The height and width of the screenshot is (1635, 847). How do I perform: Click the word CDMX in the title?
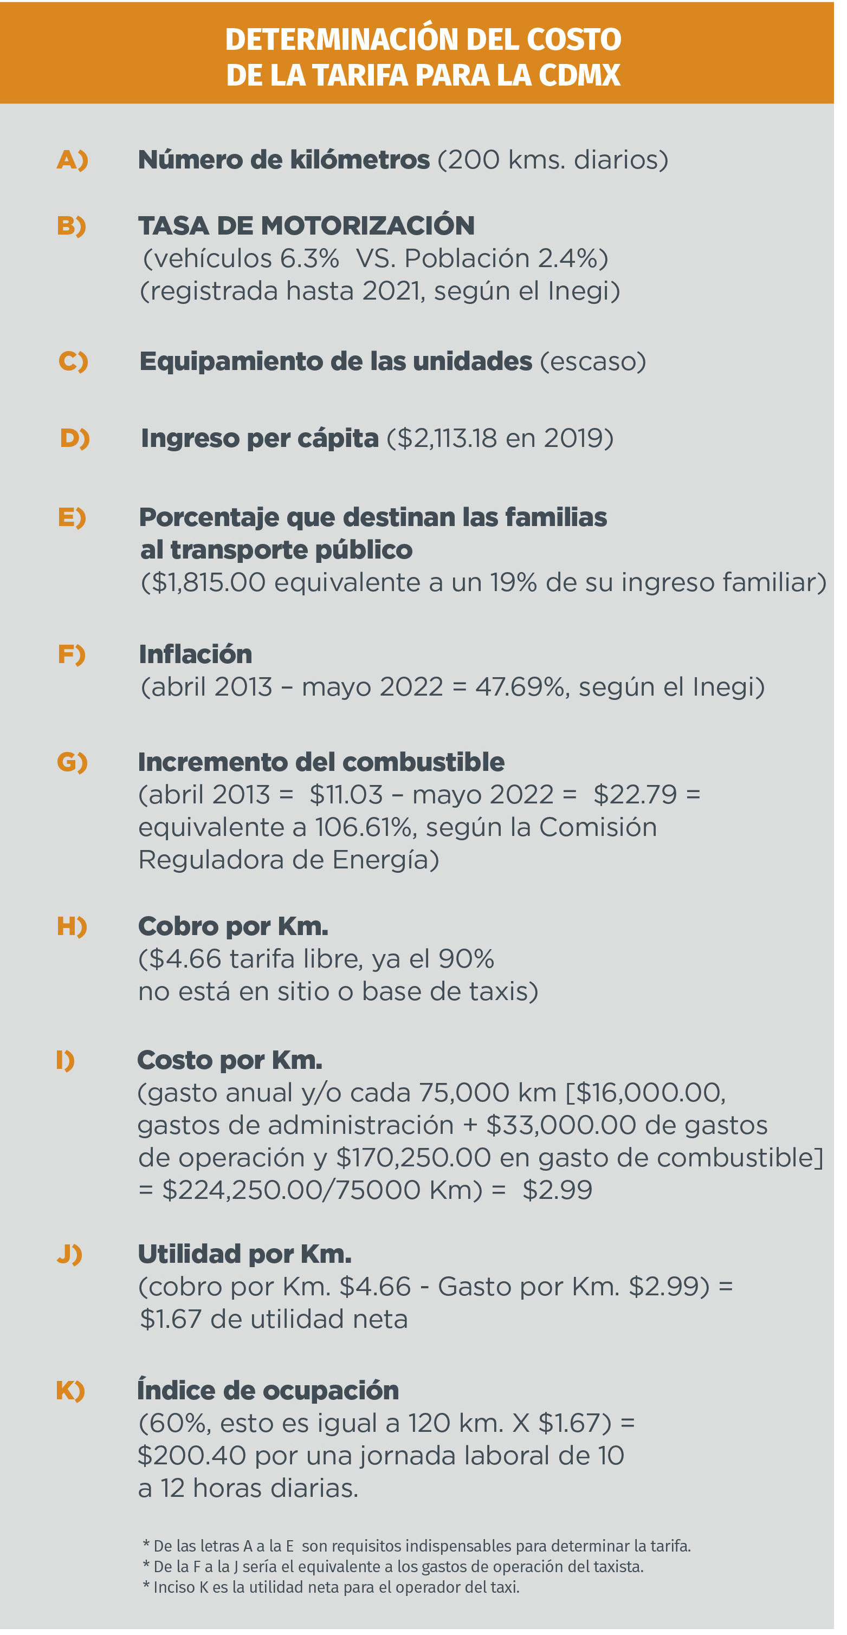point(579,75)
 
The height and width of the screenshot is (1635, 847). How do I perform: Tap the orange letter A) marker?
point(73,159)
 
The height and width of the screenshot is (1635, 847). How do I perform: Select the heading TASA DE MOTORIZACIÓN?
point(306,225)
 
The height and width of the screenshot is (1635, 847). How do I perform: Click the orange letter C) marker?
point(73,361)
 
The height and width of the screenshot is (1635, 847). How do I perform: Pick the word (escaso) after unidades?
point(592,361)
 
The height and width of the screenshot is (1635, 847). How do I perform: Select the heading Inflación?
point(196,654)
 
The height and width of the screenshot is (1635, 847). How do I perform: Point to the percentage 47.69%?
point(521,687)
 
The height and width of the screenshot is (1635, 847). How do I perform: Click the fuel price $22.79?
point(635,795)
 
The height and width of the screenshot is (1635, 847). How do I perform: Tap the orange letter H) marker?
point(72,927)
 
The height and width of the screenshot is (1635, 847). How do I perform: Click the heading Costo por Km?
point(230,1061)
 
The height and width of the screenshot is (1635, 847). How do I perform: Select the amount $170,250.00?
point(413,1158)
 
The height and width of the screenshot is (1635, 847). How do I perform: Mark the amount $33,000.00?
point(561,1125)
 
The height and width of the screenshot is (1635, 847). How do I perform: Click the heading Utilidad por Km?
point(244,1254)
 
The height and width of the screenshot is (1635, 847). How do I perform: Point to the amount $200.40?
point(192,1455)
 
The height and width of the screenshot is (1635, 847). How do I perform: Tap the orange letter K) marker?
point(70,1391)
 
